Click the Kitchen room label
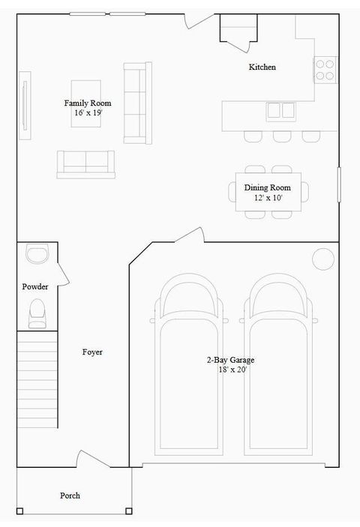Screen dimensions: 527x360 [262, 67]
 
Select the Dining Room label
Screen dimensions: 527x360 [267, 187]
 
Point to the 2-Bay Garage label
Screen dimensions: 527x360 [230, 360]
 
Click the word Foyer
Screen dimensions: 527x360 [92, 352]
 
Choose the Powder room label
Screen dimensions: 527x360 [35, 286]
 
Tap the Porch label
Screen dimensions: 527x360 [70, 496]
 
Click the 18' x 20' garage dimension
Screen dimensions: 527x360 [230, 370]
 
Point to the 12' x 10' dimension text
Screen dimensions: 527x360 [267, 198]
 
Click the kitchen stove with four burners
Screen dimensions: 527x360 [325, 69]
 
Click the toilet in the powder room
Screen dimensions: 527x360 [36, 313]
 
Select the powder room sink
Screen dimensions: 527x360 [36, 255]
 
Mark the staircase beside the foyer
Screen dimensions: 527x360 [37, 381]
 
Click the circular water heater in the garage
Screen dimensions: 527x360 [323, 259]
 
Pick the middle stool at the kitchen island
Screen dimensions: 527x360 [282, 136]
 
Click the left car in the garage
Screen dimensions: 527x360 [187, 367]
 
